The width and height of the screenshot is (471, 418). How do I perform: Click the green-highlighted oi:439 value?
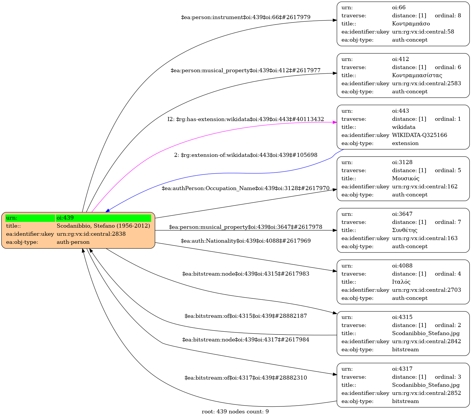point(103,218)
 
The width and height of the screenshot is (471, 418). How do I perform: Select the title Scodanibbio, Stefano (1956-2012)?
point(103,226)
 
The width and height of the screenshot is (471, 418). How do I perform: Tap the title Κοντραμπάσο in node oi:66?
point(411,24)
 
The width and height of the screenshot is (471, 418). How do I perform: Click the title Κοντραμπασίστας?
point(417,75)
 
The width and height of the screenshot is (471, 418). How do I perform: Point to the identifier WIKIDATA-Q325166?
point(419,135)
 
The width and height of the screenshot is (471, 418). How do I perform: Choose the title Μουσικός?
point(405,179)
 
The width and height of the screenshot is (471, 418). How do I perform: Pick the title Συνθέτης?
point(404,230)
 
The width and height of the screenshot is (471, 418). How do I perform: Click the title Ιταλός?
point(401,282)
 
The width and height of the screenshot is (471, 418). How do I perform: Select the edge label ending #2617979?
point(245,17)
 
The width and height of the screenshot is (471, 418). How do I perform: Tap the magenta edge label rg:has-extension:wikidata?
point(245,119)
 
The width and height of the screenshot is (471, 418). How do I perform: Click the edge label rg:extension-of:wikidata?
point(245,155)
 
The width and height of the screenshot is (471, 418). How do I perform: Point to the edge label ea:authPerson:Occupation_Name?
point(245,188)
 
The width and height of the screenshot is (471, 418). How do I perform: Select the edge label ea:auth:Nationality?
point(245,241)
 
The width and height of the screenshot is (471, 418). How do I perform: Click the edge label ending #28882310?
point(245,378)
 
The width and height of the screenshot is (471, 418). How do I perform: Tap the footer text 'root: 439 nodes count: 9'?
point(235,412)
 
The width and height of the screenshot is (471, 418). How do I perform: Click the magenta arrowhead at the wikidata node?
point(335,122)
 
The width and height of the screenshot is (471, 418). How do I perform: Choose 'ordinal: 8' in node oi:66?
point(448,16)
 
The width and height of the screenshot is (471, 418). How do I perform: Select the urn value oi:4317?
point(402,369)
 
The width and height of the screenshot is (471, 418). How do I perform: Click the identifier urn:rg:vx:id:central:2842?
point(426,341)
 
